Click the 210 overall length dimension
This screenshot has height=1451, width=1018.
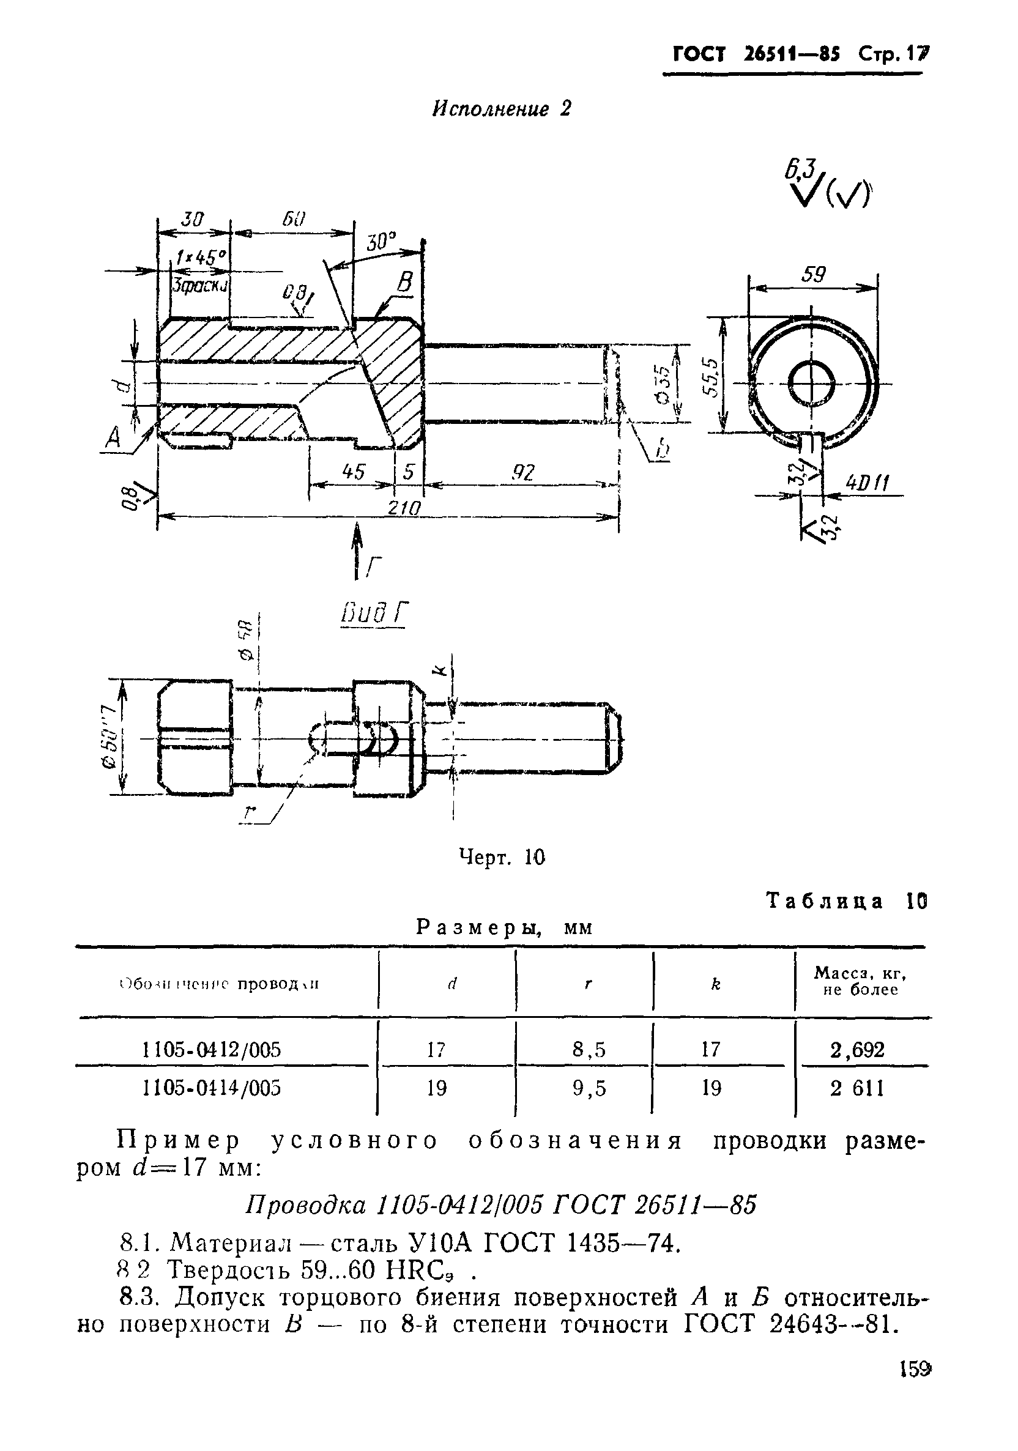[x=404, y=508]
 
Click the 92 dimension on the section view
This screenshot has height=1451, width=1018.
[x=524, y=472]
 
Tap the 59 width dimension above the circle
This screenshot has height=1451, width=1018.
[x=813, y=275]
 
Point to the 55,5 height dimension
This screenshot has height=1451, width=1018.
[x=713, y=377]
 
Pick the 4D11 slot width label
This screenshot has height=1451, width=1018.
[x=868, y=484]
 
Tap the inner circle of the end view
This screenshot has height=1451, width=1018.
[x=812, y=384]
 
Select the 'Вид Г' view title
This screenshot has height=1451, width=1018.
[x=374, y=613]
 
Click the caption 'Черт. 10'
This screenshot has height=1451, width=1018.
[x=501, y=857]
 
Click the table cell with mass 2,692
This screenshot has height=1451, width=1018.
[x=857, y=1050]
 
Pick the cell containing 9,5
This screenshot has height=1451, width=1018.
[x=589, y=1088]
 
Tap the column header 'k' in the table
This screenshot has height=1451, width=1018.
[x=715, y=984]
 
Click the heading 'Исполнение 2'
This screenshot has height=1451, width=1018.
[x=501, y=109]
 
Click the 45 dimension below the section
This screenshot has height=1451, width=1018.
[x=352, y=472]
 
